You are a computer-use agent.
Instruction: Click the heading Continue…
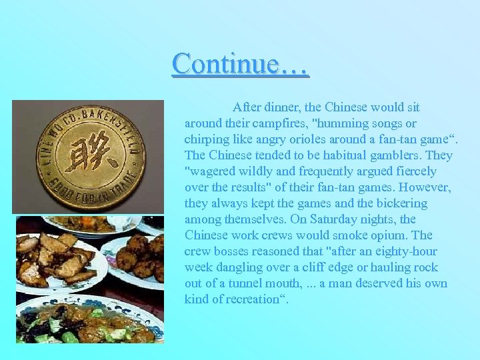tap(240, 64)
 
